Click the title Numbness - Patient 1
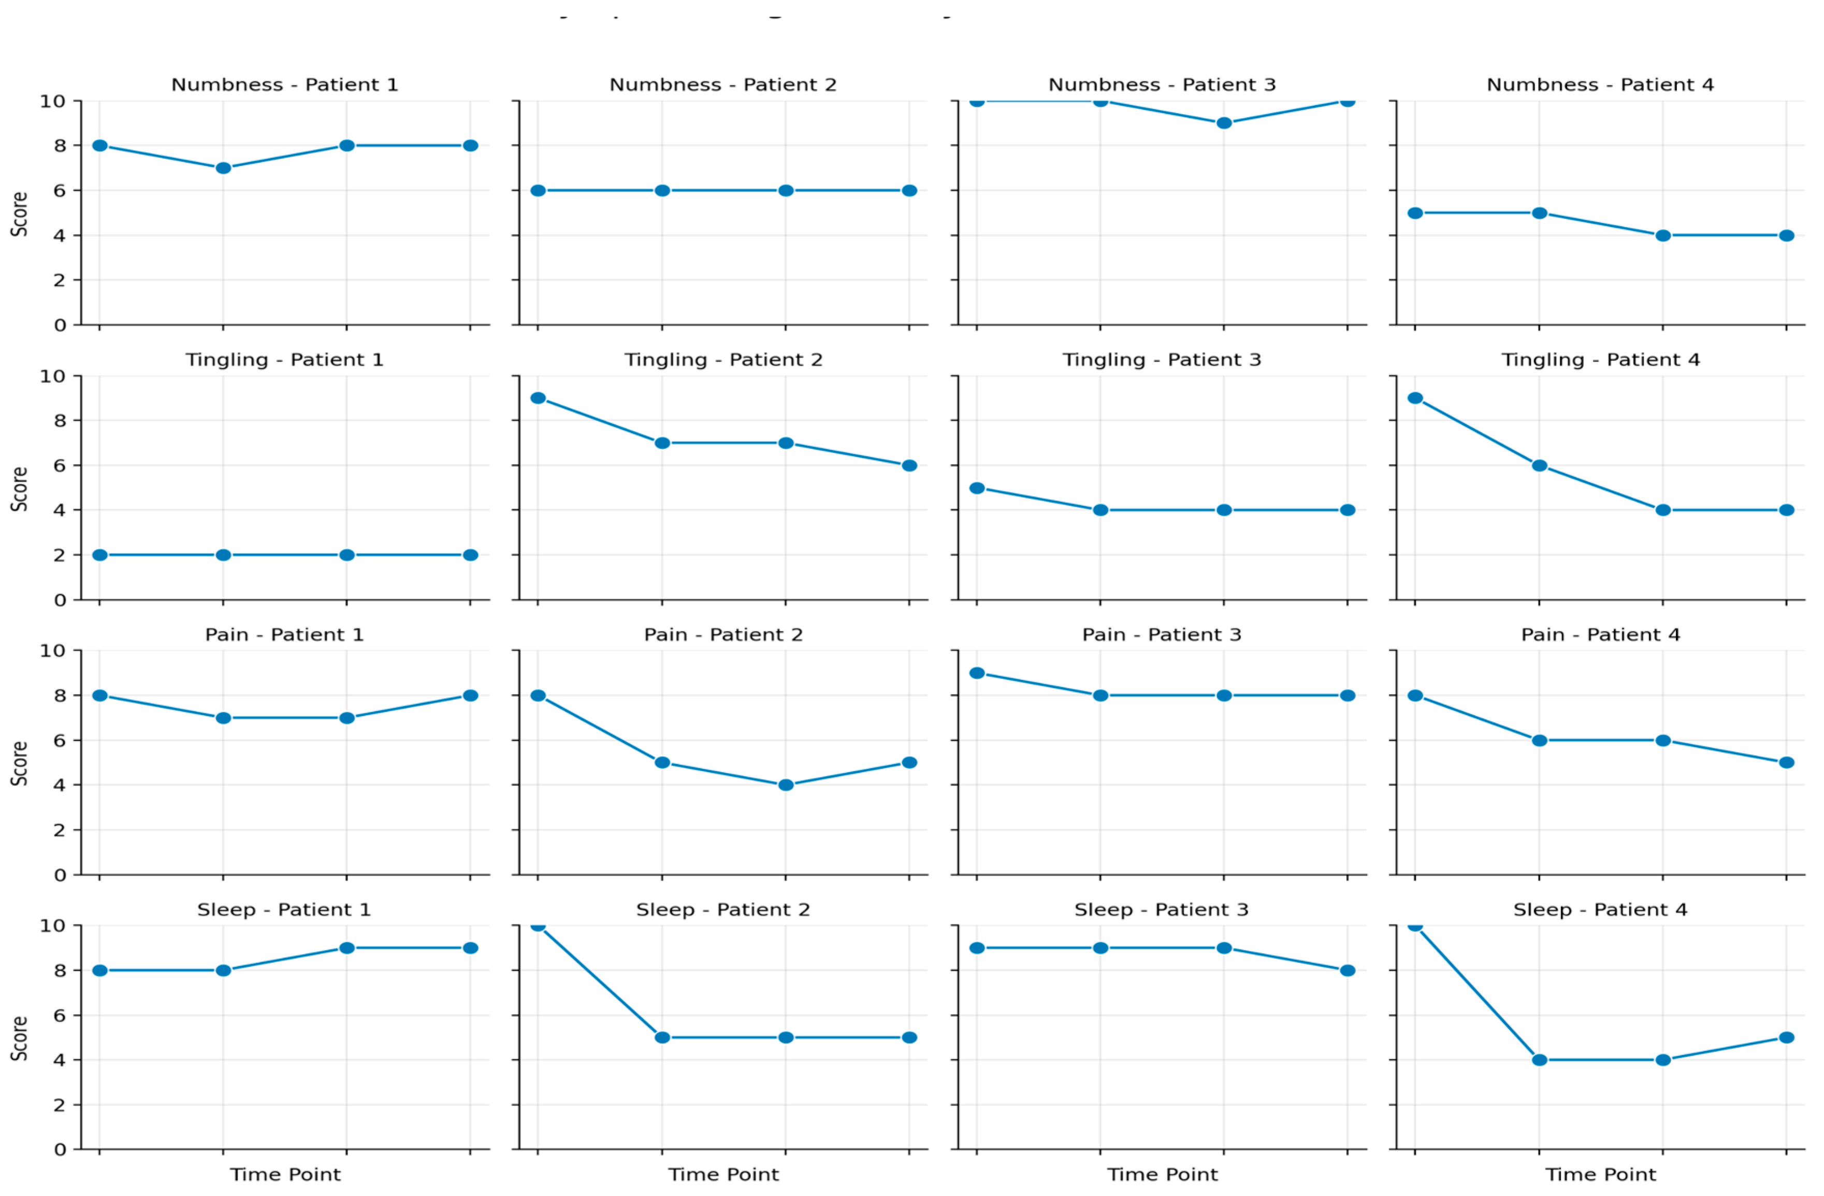pos(284,84)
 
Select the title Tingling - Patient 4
pos(1600,359)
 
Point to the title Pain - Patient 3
pos(1161,635)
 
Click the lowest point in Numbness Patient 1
pos(223,168)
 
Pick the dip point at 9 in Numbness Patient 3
pos(1224,123)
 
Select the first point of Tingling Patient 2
pos(538,398)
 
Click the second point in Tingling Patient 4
pos(1539,465)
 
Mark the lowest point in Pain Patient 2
pos(786,785)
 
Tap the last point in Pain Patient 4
pos(1786,763)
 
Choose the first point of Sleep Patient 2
pos(538,926)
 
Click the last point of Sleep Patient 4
pos(1786,1038)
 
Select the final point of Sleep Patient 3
pos(1348,971)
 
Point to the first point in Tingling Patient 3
pos(976,487)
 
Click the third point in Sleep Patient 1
pos(346,948)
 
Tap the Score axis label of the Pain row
pos(19,763)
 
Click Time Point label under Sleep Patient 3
pos(1162,1175)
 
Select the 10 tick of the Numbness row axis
pos(52,101)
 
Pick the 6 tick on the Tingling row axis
pos(59,465)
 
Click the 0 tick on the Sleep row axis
pos(59,1150)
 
